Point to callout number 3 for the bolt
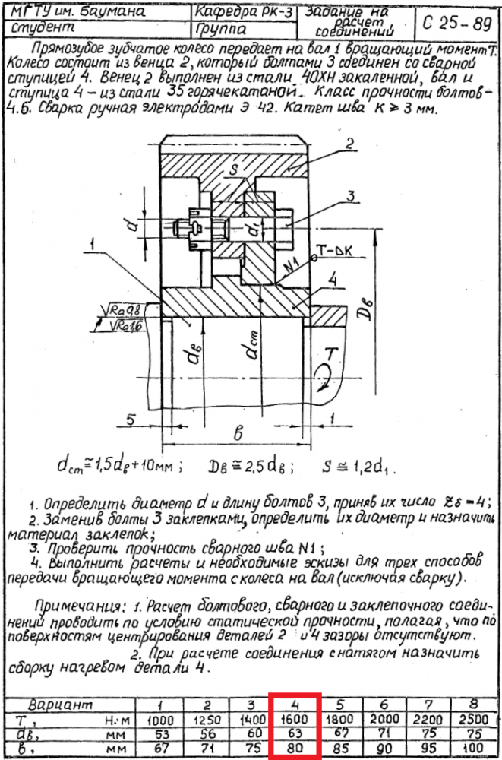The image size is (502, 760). [350, 196]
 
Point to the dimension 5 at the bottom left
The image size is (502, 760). [131, 418]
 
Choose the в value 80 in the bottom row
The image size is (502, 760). [297, 747]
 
